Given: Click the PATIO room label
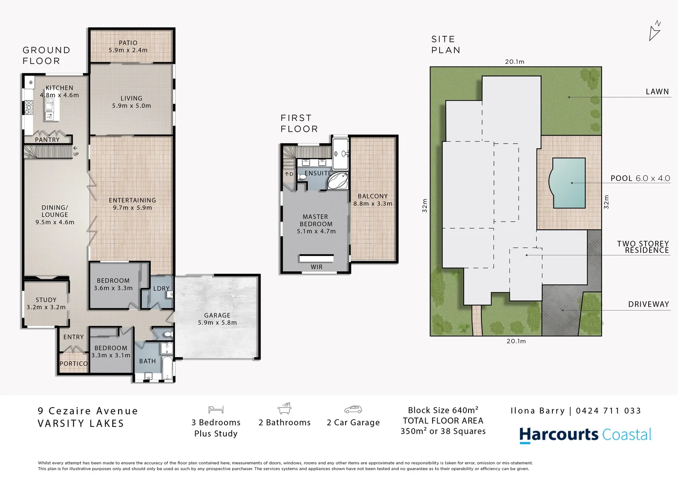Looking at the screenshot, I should click(x=128, y=43).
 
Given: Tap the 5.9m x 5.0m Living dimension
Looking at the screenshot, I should click(x=131, y=106).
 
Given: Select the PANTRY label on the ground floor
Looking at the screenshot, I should click(x=47, y=140).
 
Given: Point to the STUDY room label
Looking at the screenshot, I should click(x=46, y=300).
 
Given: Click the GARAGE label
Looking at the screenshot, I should click(x=217, y=315).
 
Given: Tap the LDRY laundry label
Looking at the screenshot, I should click(x=161, y=288).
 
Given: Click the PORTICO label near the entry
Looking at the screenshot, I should click(x=74, y=364).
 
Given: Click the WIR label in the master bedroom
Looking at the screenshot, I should click(x=316, y=267).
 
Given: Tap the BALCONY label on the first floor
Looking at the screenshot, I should click(x=373, y=196).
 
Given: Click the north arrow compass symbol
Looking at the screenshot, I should click(x=655, y=31).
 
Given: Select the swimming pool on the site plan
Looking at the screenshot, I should click(x=568, y=183).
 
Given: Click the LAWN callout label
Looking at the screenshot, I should click(x=657, y=92).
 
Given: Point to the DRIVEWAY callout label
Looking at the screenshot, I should click(x=648, y=304).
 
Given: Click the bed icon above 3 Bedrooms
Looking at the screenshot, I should click(x=216, y=409).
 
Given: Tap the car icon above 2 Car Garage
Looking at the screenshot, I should click(x=353, y=409).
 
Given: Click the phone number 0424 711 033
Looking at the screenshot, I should click(x=608, y=411).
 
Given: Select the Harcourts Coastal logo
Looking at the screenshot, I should click(x=585, y=435).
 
